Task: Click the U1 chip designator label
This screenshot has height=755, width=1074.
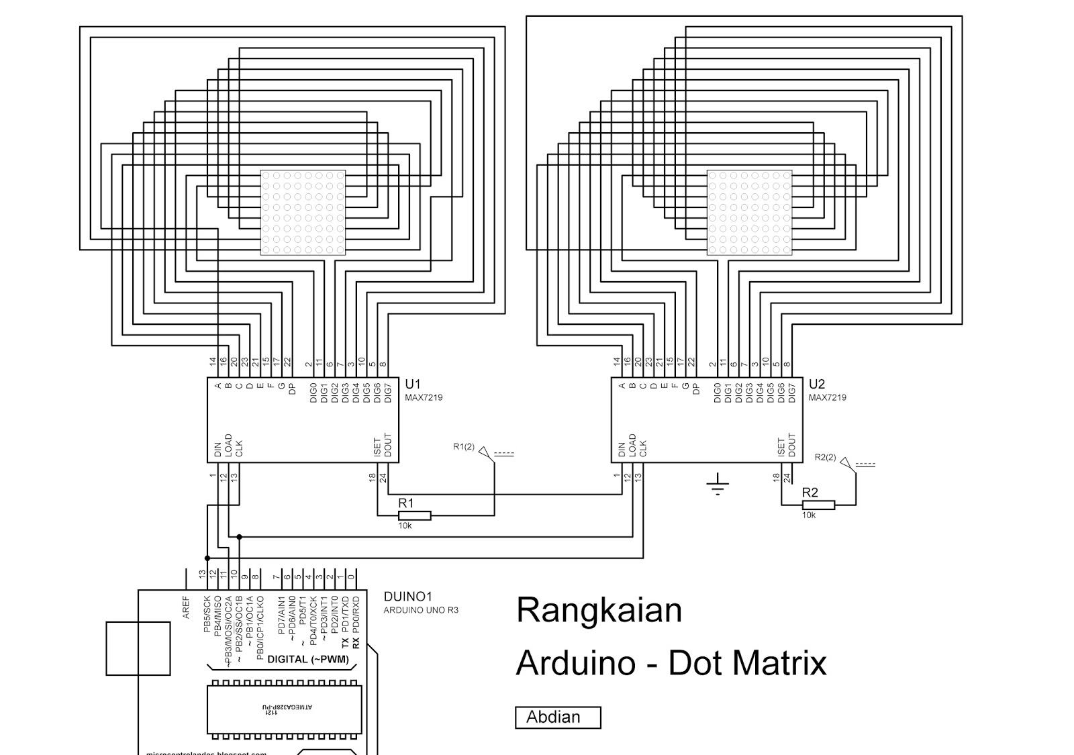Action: [x=412, y=385]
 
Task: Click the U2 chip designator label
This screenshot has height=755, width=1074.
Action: [x=816, y=385]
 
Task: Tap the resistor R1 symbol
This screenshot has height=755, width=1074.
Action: [x=414, y=515]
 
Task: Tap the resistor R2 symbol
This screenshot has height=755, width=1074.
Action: [x=818, y=505]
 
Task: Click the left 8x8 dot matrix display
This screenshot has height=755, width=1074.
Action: [x=303, y=213]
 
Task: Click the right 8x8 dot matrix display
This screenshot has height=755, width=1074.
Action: [x=750, y=213]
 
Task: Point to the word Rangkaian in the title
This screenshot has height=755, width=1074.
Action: [x=599, y=610]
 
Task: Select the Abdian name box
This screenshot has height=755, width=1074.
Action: [x=557, y=717]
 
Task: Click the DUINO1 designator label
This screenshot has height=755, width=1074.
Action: [x=408, y=597]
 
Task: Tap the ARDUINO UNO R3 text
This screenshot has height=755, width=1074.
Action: [x=421, y=611]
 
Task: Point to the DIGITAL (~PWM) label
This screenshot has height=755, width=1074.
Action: [x=308, y=659]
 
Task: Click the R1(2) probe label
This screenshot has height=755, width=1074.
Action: [x=464, y=446]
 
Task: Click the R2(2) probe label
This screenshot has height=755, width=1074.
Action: [x=825, y=458]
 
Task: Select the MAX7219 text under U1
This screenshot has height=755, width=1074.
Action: [x=424, y=397]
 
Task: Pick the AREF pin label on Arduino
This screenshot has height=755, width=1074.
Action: [x=186, y=607]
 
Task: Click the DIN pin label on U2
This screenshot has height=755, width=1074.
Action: [x=622, y=450]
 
